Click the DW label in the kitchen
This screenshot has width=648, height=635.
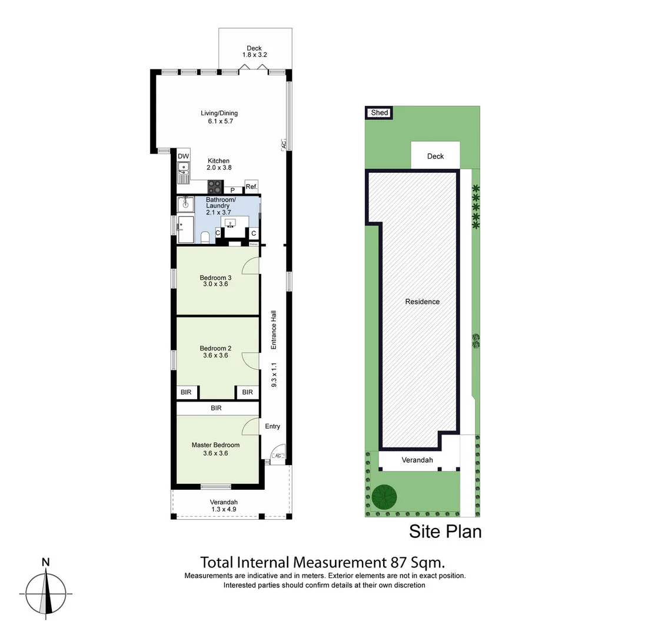[184, 156]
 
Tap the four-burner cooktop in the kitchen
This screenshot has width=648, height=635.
[215, 187]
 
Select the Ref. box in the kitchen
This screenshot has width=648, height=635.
[251, 186]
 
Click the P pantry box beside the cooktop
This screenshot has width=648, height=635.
[233, 190]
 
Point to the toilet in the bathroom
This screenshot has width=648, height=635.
[205, 236]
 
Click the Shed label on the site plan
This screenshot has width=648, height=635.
[380, 112]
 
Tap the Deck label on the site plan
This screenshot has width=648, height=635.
[435, 156]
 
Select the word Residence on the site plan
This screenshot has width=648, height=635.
[422, 302]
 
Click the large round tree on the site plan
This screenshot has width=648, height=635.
[384, 497]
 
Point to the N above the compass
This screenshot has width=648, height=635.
[45, 562]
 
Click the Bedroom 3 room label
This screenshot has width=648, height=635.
[215, 278]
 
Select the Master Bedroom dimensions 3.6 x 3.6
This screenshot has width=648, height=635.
[215, 453]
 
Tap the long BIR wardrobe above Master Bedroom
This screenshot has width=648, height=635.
[217, 408]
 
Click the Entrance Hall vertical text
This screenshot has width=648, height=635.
[274, 330]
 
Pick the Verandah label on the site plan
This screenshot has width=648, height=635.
[417, 460]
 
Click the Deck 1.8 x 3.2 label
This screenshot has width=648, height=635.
[254, 52]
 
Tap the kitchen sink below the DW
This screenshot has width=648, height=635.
[184, 172]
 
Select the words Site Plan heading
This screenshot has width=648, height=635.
[445, 532]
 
